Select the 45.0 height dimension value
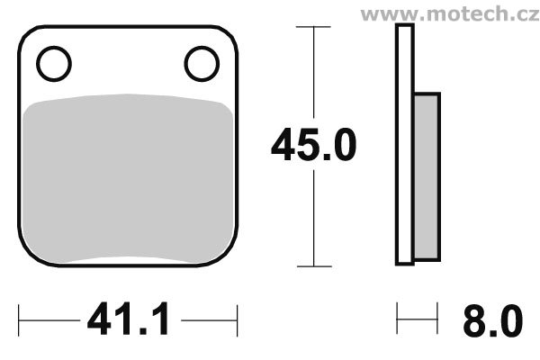click(x=314, y=145)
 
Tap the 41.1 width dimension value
click(x=128, y=319)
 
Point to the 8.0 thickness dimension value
click(x=493, y=321)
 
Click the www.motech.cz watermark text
click(x=450, y=14)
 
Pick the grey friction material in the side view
click(x=427, y=176)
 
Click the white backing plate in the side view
click(x=405, y=145)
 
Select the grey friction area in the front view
click(x=128, y=177)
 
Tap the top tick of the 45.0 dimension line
click(x=313, y=26)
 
